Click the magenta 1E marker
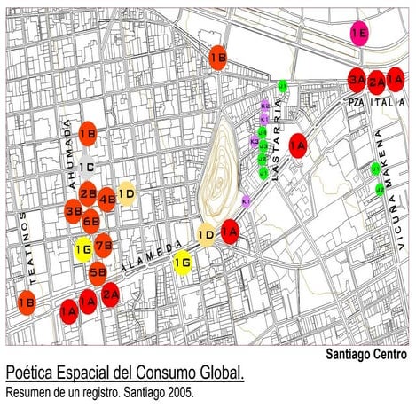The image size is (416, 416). (359, 35)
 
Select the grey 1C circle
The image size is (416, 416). (87, 166)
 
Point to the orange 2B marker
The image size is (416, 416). (88, 192)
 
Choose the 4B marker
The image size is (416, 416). (106, 199)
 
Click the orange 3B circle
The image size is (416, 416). (75, 211)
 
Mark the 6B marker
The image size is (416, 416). (91, 222)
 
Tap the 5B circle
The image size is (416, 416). (98, 272)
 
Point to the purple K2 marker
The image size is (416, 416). (264, 106)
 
